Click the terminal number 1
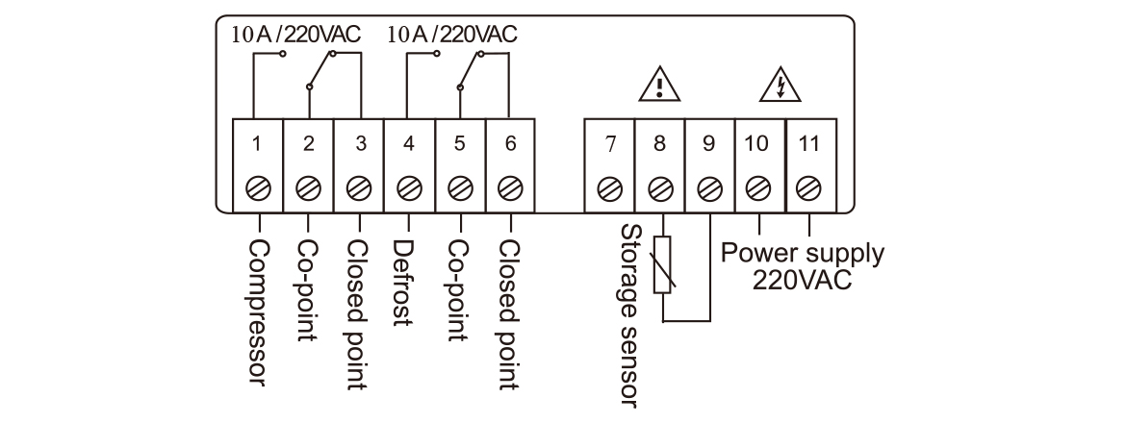[x=257, y=144]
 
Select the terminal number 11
[x=808, y=144]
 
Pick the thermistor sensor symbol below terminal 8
[x=661, y=264]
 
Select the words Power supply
[x=802, y=254]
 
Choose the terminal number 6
[x=510, y=144]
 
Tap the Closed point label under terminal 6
[x=510, y=313]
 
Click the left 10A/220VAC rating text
[x=295, y=34]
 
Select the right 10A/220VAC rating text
[x=451, y=34]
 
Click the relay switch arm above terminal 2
[x=321, y=70]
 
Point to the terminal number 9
[x=709, y=144]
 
